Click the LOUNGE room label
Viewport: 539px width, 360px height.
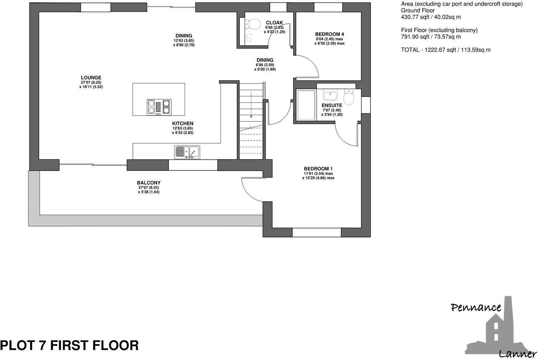pos(91,78)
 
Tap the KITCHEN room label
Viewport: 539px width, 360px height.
pos(183,124)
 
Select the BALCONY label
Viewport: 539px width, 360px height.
pos(149,183)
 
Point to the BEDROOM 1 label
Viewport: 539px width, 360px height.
pos(318,169)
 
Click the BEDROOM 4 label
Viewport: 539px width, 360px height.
pos(329,34)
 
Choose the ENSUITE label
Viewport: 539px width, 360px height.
pos(332,106)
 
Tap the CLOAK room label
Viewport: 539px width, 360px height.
pos(274,23)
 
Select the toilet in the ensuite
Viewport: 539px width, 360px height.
pos(349,97)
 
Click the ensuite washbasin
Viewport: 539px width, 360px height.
pos(330,95)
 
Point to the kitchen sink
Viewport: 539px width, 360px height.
pos(187,152)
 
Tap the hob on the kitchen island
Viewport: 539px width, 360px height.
pos(159,107)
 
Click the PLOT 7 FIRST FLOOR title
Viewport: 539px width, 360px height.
pos(70,345)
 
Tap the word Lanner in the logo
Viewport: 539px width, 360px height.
pos(517,353)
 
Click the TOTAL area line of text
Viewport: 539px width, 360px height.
pos(446,50)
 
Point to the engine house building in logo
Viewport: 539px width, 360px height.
pos(498,328)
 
